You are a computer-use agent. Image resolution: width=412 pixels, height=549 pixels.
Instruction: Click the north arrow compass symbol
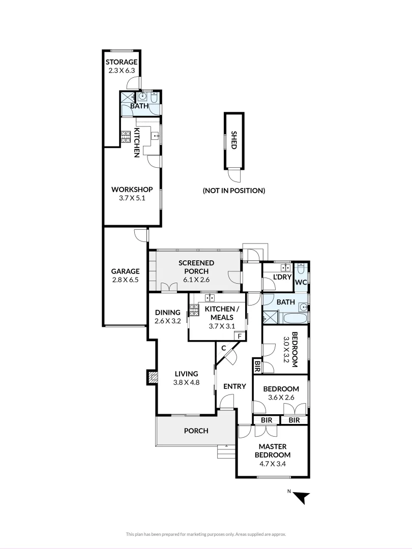[301, 497]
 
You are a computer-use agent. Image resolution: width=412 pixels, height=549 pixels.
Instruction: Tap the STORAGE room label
[122, 62]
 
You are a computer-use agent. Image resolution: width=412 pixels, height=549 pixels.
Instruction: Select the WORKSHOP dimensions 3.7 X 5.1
[132, 198]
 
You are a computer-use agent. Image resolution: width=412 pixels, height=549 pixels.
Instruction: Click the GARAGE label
[125, 271]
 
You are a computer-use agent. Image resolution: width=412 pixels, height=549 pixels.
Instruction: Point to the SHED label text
[234, 140]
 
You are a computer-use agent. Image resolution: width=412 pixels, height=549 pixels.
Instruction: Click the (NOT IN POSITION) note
[234, 191]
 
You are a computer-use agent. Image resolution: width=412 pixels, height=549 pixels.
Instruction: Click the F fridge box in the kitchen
[238, 336]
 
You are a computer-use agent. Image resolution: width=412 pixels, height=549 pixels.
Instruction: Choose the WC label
[301, 282]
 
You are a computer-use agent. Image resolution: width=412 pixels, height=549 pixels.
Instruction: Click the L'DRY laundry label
[282, 277]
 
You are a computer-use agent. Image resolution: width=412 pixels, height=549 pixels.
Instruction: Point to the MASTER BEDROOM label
[272, 450]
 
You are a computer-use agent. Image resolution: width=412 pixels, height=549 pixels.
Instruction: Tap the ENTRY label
[234, 386]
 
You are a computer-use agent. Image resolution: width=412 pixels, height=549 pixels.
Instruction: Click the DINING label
[168, 312]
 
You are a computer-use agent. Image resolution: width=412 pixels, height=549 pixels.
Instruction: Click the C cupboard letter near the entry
[223, 348]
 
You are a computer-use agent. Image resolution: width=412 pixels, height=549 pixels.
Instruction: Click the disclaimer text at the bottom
[206, 534]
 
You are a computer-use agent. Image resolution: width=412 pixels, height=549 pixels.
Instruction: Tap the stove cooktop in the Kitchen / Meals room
[193, 308]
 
